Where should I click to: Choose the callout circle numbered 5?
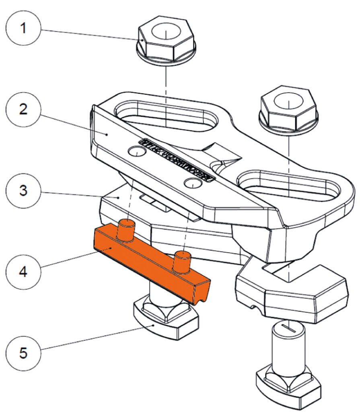pyautogui.click(x=24, y=354)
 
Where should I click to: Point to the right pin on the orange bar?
pyautogui.click(x=182, y=260)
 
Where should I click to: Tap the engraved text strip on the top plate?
pyautogui.click(x=177, y=160)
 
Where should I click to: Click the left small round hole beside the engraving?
pyautogui.click(x=136, y=152)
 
